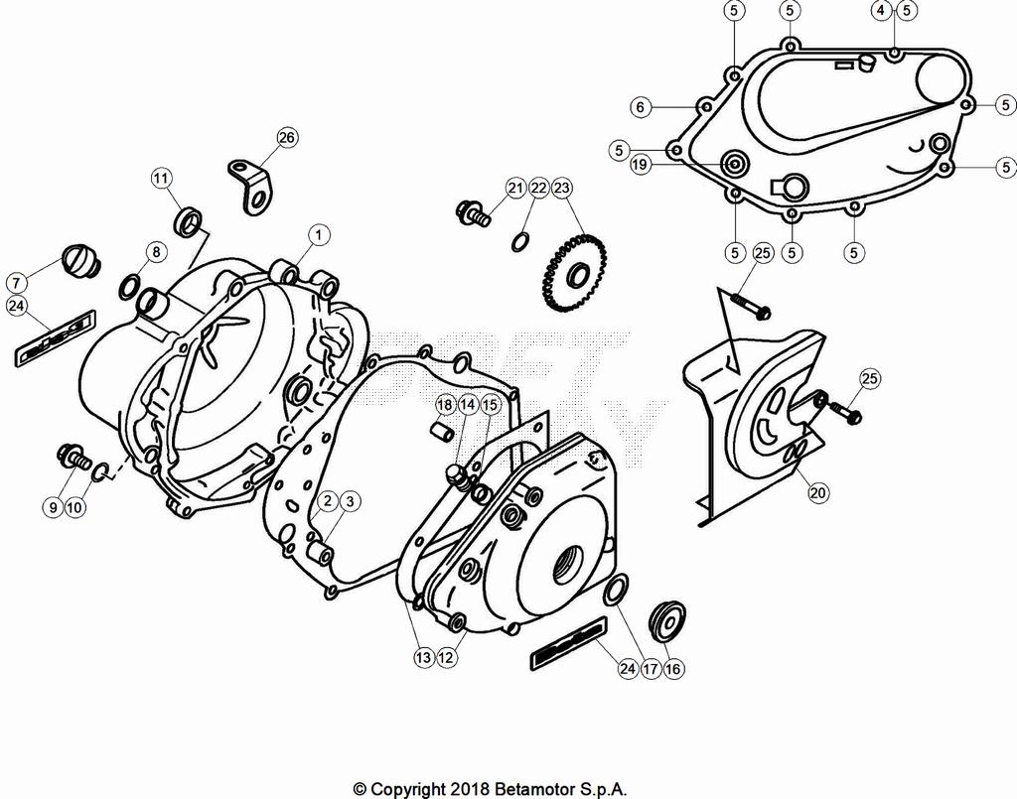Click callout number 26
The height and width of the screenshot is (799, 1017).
286,138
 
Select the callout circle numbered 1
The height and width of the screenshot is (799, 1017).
318,234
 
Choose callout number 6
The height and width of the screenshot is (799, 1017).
641,106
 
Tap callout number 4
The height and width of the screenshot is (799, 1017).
881,11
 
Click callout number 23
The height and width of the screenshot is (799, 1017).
563,187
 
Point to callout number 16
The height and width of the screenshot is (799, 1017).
673,669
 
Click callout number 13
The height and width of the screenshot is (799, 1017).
424,656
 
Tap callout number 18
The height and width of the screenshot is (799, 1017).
444,405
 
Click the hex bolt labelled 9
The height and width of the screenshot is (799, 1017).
71,457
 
